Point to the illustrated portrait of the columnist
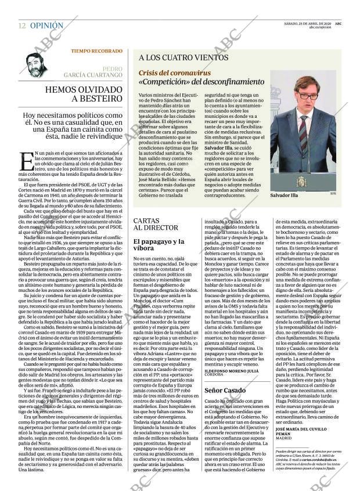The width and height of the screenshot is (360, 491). click(x=38, y=64)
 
